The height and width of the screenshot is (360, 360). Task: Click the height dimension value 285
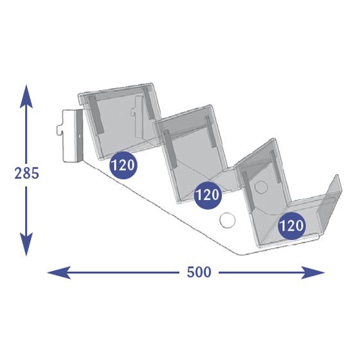coord(26,173)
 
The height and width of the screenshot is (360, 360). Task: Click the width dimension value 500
coord(199,273)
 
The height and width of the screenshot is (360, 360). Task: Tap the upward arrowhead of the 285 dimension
coord(26,96)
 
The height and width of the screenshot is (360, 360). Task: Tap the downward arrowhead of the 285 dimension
coord(26,244)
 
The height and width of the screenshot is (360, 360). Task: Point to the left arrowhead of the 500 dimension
coord(59,273)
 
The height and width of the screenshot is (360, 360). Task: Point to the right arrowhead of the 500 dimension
coord(313,273)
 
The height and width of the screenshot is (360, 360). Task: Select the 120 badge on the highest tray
coord(123,165)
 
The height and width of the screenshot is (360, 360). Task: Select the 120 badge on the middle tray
coord(208,195)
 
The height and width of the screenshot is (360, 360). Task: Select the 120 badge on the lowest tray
coord(292,226)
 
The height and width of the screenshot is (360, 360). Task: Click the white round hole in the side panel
coord(228,221)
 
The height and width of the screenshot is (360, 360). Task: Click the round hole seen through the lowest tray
coord(261,187)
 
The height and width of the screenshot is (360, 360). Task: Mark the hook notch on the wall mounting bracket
coord(59,130)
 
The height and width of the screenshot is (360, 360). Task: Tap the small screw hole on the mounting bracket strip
coord(80,136)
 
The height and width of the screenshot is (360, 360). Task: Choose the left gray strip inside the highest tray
coord(96,114)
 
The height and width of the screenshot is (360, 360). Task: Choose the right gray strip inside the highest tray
coord(150,104)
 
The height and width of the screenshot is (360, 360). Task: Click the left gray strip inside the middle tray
coord(170,148)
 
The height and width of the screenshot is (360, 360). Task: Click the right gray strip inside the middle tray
coord(211,131)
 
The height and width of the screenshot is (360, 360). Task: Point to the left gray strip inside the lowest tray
coord(248,192)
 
